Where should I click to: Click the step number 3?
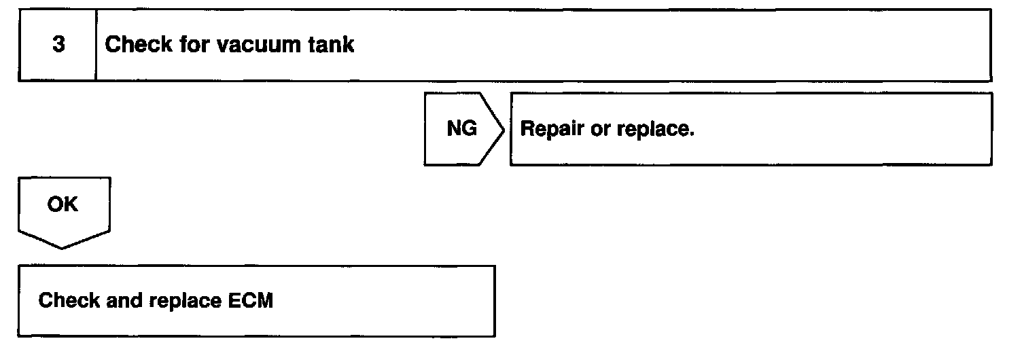[58, 46]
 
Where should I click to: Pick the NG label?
[461, 129]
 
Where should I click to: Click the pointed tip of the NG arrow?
[504, 129]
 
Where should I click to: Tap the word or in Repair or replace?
[599, 130]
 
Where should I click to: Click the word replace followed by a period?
[652, 130]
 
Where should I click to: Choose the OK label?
[63, 204]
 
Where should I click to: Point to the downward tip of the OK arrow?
[63, 247]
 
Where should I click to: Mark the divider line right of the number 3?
[96, 46]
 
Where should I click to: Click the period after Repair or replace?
[691, 134]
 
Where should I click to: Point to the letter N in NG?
[454, 129]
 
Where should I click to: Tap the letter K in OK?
[71, 204]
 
